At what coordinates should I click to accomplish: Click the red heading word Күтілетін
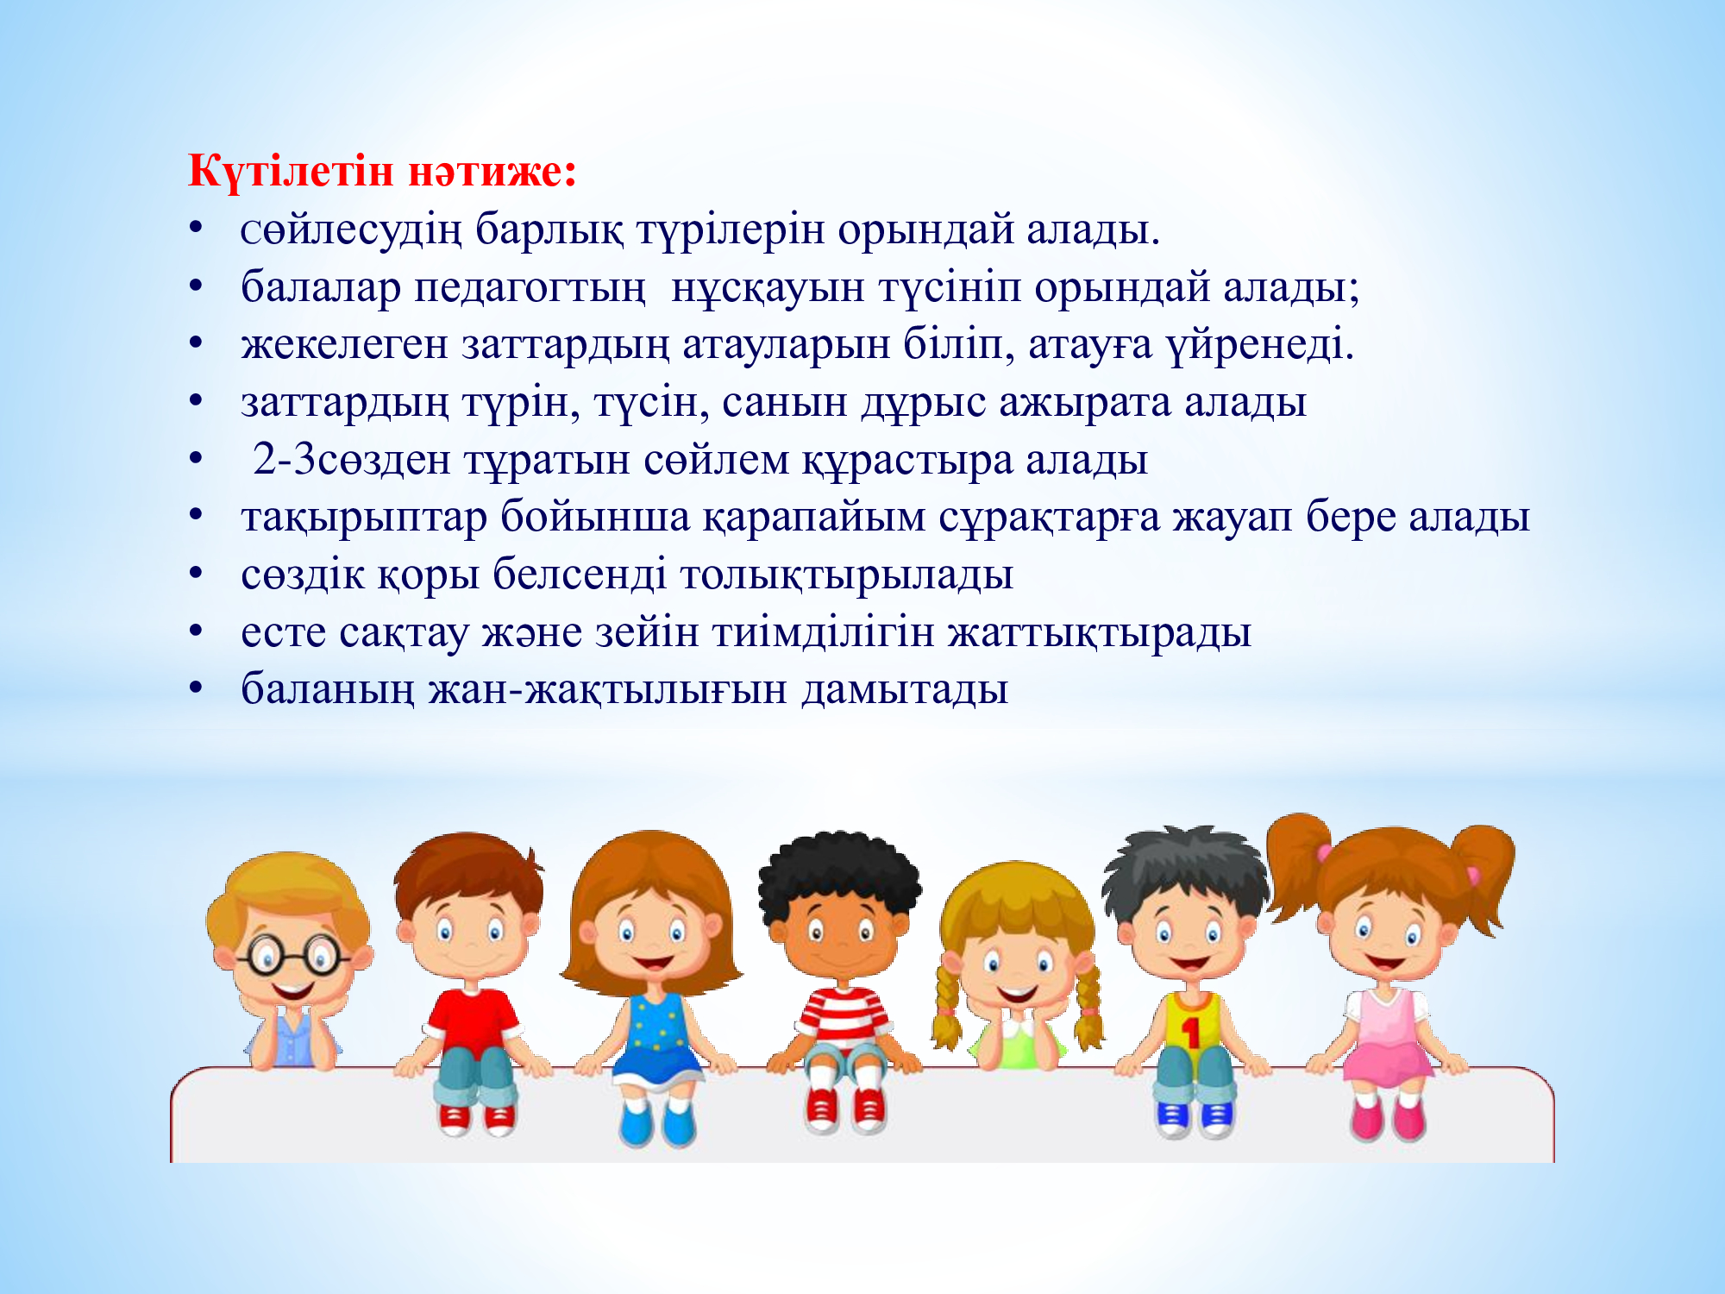pyautogui.click(x=292, y=171)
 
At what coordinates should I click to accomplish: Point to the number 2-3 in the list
pyautogui.click(x=285, y=460)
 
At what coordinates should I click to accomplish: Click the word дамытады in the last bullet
pyautogui.click(x=905, y=691)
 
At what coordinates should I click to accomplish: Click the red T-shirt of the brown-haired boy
pyautogui.click(x=472, y=1021)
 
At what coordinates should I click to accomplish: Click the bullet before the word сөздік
pyautogui.click(x=197, y=575)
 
